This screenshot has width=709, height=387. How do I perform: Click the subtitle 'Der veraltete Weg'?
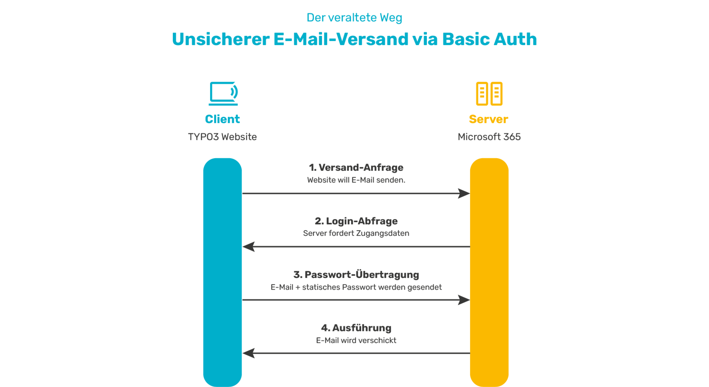[354, 18]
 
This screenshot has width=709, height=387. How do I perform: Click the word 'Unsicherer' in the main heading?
[221, 39]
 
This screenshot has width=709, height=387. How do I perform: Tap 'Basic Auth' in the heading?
[489, 39]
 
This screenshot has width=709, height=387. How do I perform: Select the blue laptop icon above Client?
[223, 93]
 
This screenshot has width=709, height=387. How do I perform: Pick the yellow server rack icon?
[489, 94]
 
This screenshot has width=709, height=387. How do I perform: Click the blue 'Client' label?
[222, 119]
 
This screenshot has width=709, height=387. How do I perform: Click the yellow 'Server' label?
[488, 119]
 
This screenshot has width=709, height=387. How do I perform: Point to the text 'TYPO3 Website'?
[222, 137]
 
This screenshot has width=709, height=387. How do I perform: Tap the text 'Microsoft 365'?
[489, 137]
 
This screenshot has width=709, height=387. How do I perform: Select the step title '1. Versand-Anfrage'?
[356, 168]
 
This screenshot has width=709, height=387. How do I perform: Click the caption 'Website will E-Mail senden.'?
[356, 180]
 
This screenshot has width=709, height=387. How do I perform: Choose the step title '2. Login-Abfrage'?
[356, 221]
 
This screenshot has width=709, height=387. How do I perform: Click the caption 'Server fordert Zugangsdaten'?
[356, 234]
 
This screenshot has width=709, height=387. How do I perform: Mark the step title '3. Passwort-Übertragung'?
[356, 275]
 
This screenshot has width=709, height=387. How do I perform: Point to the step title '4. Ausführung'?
[356, 328]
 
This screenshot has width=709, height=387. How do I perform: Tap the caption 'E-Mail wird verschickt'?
[356, 340]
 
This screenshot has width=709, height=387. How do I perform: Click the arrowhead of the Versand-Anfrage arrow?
[464, 193]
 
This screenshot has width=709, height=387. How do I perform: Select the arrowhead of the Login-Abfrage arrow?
[249, 247]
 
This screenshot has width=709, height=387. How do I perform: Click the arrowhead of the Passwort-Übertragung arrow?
[464, 300]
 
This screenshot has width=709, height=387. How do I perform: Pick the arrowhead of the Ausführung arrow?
[249, 353]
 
